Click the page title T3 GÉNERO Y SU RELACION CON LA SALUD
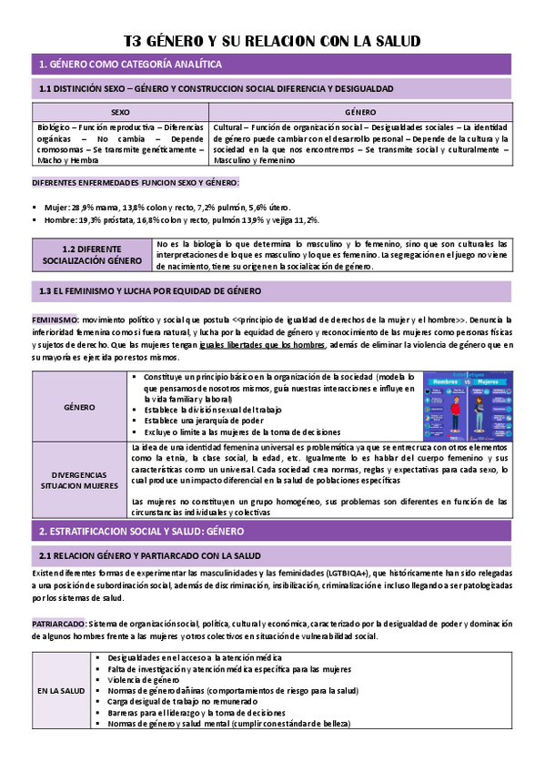272,41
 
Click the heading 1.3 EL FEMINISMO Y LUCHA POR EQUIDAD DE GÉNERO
150,291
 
